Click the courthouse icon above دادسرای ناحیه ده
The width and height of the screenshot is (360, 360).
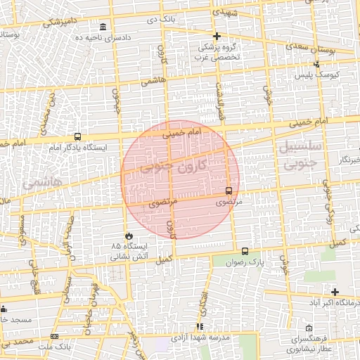pyautogui.click(x=103, y=27)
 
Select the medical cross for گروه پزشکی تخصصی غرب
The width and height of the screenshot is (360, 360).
pyautogui.click(x=217, y=36)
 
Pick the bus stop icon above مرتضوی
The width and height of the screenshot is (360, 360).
pyautogui.click(x=229, y=191)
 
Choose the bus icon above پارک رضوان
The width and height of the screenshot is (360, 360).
pyautogui.click(x=245, y=251)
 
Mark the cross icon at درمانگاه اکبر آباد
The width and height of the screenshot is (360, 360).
pyautogui.click(x=335, y=292)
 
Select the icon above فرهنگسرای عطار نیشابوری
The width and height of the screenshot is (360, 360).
pyautogui.click(x=309, y=328)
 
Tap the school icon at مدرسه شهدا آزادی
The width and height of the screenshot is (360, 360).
pyautogui.click(x=200, y=327)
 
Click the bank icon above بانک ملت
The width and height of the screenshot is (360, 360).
pyautogui.click(x=55, y=337)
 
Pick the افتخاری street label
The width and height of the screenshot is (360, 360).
pyautogui.click(x=203, y=300)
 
